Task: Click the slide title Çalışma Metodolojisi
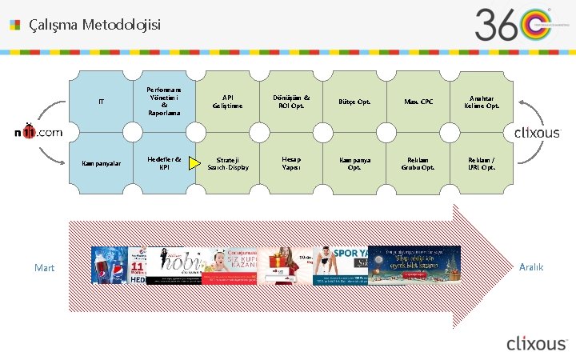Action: click(94, 25)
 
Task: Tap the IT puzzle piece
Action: click(101, 102)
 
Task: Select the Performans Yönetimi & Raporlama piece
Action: click(164, 102)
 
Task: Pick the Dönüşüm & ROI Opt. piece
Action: click(291, 102)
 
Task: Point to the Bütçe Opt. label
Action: click(354, 102)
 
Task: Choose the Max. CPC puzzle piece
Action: click(418, 102)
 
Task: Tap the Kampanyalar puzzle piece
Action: click(101, 163)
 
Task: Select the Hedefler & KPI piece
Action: click(164, 163)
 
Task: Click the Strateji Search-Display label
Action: click(228, 163)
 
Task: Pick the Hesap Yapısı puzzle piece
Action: click(291, 163)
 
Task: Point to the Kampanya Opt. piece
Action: click(354, 163)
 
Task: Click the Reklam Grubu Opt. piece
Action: click(418, 163)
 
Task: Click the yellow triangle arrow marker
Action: click(194, 164)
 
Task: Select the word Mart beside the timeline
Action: click(45, 268)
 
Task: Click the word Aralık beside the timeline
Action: click(530, 267)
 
